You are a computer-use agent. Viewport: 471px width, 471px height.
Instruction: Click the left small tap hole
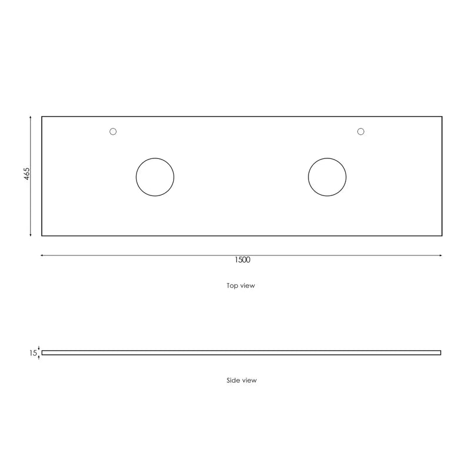tap(114, 131)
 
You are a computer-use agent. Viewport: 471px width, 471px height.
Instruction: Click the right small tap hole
tap(361, 131)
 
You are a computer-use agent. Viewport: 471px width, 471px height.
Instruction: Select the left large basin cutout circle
tap(155, 177)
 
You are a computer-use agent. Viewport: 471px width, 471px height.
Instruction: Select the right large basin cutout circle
tap(327, 177)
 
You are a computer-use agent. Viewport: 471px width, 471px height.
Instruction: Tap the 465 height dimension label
tap(27, 175)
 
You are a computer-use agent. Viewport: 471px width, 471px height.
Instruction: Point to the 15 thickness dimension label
tap(33, 353)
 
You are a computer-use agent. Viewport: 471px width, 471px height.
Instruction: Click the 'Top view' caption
tap(241, 286)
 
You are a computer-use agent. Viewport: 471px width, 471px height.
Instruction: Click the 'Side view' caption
tap(241, 380)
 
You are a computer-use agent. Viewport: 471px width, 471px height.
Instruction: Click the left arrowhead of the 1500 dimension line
tap(42, 255)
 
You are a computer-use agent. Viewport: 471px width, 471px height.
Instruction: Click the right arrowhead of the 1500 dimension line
tap(441, 255)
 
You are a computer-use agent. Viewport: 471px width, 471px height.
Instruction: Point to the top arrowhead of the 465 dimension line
tap(31, 118)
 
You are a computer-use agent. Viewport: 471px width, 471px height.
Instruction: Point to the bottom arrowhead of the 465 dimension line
tap(31, 235)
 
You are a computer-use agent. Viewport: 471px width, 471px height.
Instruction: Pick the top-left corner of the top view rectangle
tap(42, 117)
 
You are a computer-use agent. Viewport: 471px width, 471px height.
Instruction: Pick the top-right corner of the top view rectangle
tap(442, 117)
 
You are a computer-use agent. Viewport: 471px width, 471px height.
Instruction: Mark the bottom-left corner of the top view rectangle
tap(42, 235)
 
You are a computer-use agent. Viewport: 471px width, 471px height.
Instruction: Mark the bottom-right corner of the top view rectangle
tap(442, 235)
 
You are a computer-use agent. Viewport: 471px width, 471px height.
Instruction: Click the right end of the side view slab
tap(440, 353)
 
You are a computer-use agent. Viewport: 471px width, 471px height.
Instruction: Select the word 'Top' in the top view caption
tap(233, 286)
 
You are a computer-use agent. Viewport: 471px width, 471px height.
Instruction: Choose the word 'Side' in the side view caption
tap(233, 380)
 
